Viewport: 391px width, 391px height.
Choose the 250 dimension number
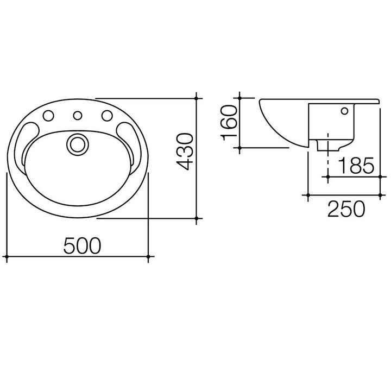345,208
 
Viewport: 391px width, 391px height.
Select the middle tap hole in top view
77,115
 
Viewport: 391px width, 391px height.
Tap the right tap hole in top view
106,115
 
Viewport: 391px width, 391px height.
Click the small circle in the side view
344,112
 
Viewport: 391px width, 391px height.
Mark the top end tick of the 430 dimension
198,98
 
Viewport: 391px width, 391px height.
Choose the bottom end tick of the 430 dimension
198,218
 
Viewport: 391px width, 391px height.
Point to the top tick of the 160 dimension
239,98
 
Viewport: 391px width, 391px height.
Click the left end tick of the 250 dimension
308,194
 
